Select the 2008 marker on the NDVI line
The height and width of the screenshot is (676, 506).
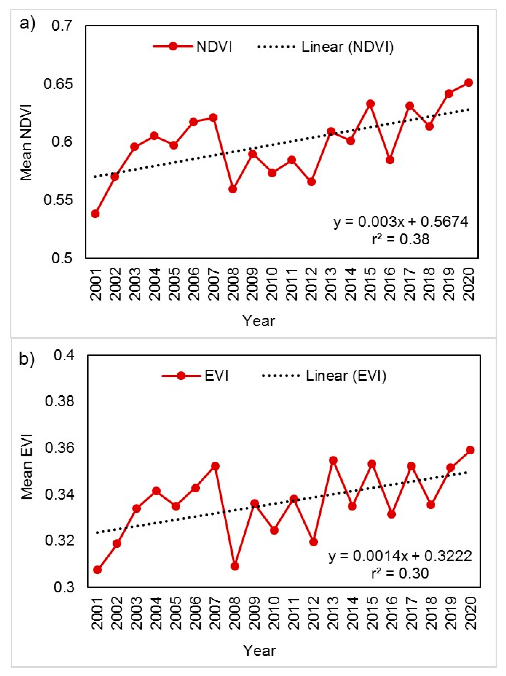(x=233, y=189)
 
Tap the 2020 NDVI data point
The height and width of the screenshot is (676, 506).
(x=469, y=83)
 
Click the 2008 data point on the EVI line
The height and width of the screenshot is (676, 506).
(x=235, y=566)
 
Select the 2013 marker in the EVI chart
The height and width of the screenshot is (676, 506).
(x=333, y=460)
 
